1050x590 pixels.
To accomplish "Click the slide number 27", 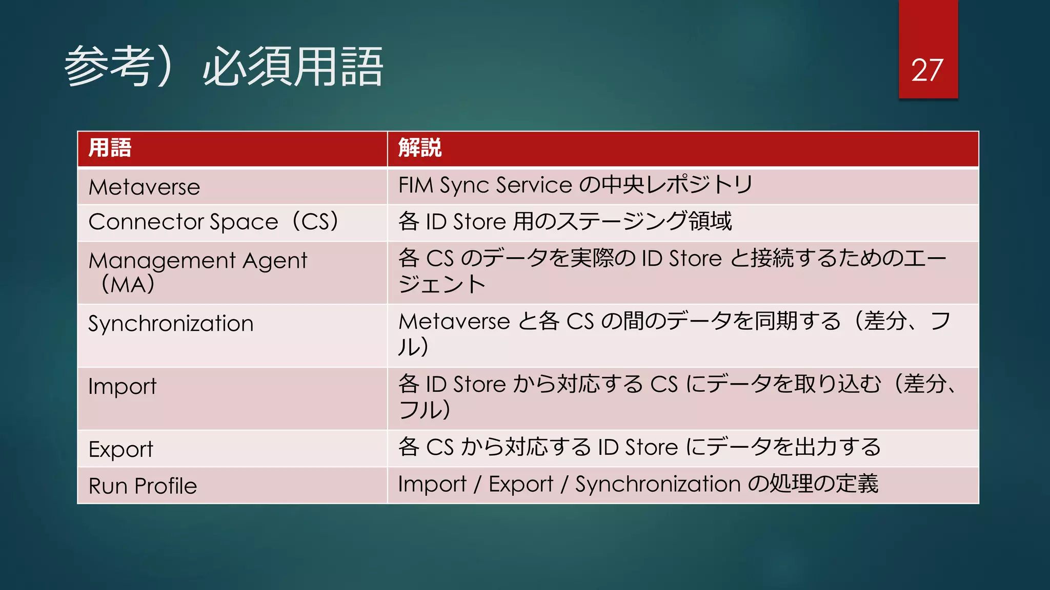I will pyautogui.click(x=927, y=70).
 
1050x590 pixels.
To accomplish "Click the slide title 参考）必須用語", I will pyautogui.click(x=224, y=67).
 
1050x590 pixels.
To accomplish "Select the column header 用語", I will pyautogui.click(x=110, y=148).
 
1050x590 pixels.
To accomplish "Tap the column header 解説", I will pyautogui.click(x=420, y=148).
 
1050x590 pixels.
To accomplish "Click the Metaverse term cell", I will pyautogui.click(x=144, y=187).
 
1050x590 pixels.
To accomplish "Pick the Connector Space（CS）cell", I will pyautogui.click(x=213, y=222).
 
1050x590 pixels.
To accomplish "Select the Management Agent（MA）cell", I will pyautogui.click(x=197, y=272).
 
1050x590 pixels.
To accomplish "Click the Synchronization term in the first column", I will pyautogui.click(x=171, y=324).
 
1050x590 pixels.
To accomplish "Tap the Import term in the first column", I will pyautogui.click(x=122, y=387).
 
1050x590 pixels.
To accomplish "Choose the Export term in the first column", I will pyautogui.click(x=120, y=450).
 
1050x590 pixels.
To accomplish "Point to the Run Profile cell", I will pyautogui.click(x=143, y=486).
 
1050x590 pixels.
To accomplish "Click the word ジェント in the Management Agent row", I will pyautogui.click(x=442, y=284).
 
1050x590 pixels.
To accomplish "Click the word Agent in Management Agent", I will pyautogui.click(x=275, y=261).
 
